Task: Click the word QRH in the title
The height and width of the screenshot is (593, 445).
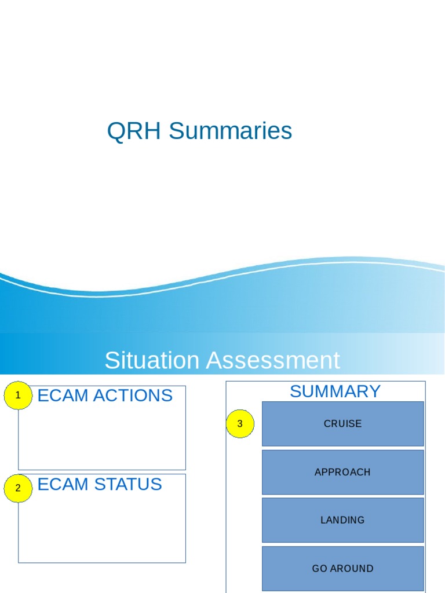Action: tap(135, 131)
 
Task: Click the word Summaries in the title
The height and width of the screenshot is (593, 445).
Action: tap(230, 131)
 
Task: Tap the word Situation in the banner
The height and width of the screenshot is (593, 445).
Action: tap(151, 361)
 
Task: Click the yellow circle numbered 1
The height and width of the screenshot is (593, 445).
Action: tap(18, 396)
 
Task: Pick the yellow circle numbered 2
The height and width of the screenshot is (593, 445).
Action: tap(18, 488)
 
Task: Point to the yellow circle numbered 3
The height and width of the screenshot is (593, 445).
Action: tap(240, 424)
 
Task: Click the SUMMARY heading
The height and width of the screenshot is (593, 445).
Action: tap(335, 391)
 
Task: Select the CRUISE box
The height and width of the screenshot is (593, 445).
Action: tap(342, 424)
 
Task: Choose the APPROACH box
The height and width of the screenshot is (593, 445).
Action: tap(342, 472)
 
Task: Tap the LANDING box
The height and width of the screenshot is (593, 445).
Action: tap(342, 520)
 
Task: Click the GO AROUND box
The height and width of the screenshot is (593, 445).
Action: tap(342, 569)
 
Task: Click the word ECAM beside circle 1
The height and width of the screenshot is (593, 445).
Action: tap(63, 396)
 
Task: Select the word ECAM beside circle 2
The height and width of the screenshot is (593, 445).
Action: tap(63, 484)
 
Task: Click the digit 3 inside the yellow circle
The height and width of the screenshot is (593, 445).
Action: tap(240, 424)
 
